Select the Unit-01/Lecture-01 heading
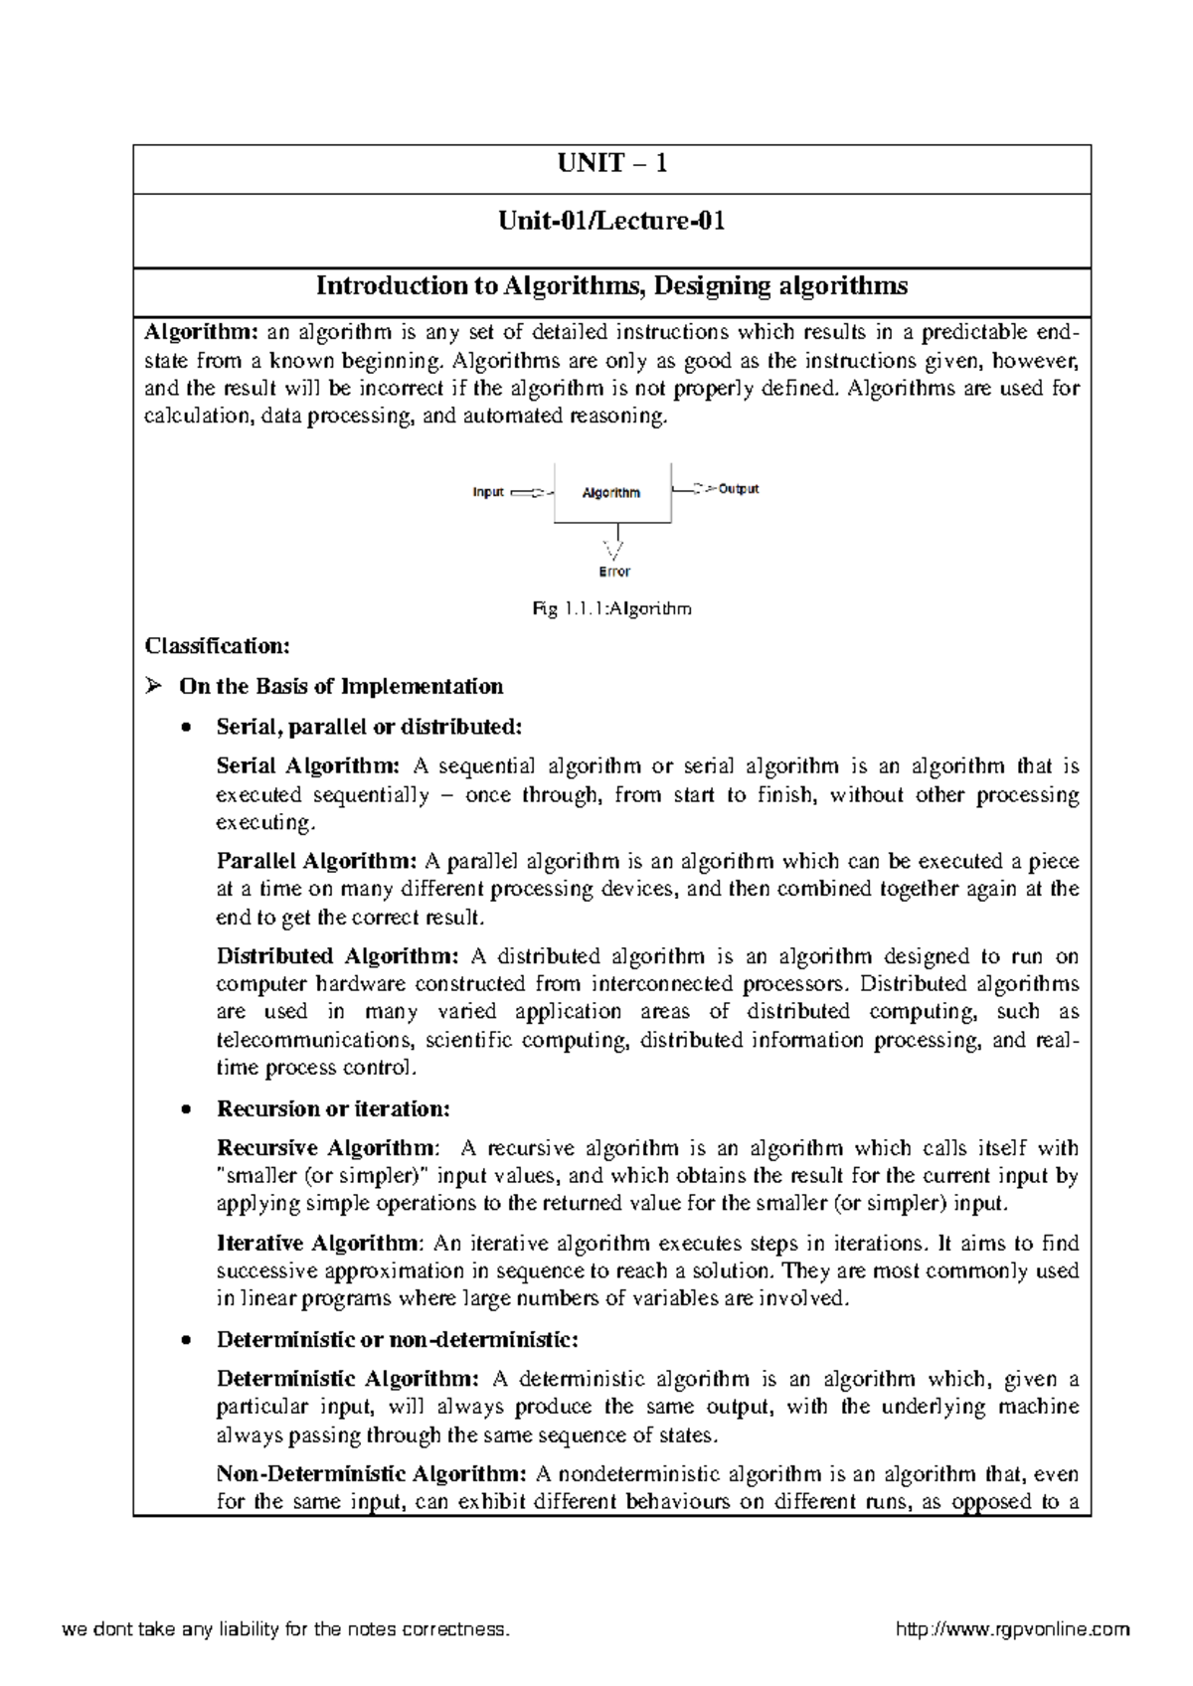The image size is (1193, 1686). click(611, 221)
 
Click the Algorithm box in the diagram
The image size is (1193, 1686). click(611, 493)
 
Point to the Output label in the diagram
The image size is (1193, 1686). click(738, 489)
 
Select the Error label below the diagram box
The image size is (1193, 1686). click(614, 573)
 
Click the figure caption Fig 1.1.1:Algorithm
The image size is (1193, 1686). click(611, 609)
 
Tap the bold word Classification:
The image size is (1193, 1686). click(218, 647)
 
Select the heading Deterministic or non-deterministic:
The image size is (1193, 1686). click(397, 1340)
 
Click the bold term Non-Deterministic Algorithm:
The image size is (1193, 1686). click(371, 1474)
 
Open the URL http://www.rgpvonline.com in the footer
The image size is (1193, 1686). click(1012, 1629)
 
